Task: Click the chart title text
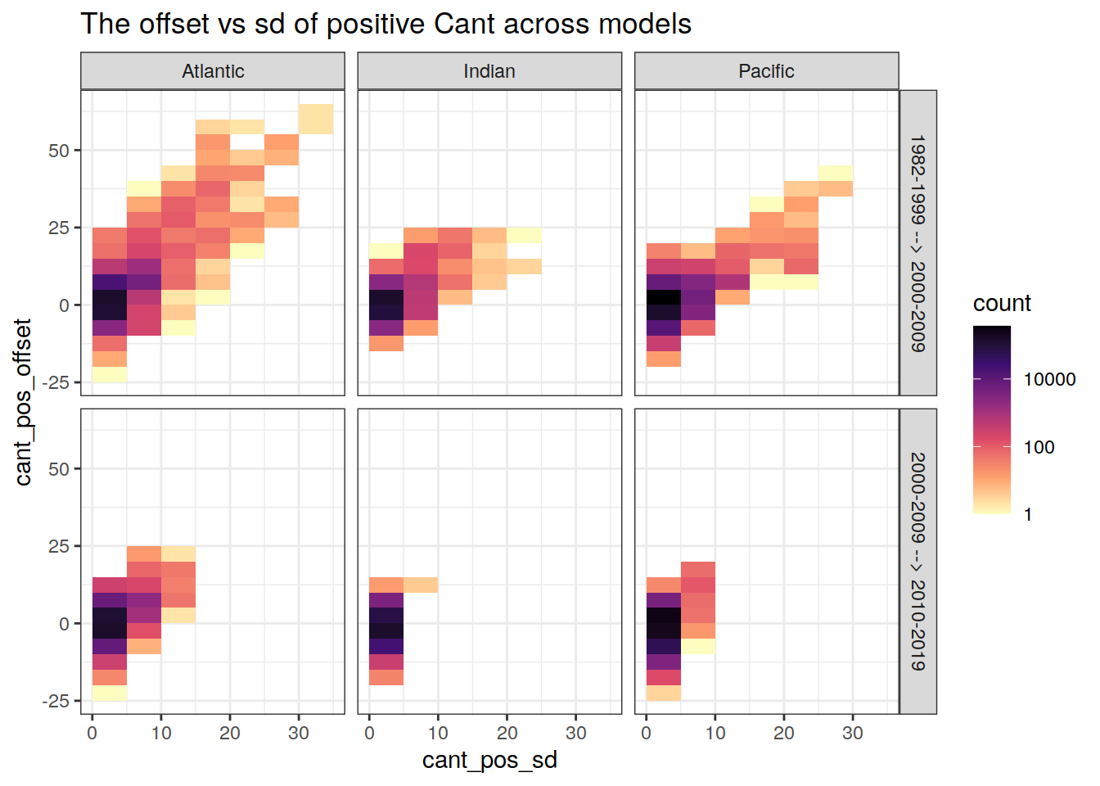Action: (x=385, y=25)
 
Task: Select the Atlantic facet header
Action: (x=213, y=71)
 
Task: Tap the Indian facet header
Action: (x=489, y=71)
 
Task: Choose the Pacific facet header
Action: (x=766, y=71)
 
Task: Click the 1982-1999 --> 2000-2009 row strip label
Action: (x=918, y=243)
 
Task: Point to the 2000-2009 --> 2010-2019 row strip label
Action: (x=918, y=562)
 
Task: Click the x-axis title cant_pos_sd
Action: (x=489, y=760)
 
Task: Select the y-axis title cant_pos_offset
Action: (x=23, y=402)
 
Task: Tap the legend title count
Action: (x=1002, y=304)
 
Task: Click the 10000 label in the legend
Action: (x=1049, y=379)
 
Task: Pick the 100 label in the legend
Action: (x=1039, y=447)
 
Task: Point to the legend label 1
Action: (x=1028, y=515)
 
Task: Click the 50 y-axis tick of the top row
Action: (x=59, y=151)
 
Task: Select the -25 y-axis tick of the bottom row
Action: (x=56, y=701)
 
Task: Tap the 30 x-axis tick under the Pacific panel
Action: (x=853, y=733)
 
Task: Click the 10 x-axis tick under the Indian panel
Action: (x=438, y=733)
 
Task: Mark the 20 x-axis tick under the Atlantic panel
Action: (x=230, y=733)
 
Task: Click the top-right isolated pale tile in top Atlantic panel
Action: (x=316, y=120)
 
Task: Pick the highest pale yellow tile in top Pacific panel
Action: (x=836, y=173)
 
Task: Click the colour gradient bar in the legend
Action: (x=992, y=419)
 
